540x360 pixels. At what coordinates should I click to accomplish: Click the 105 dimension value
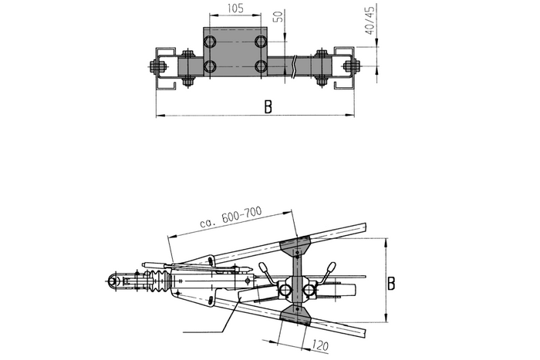[x=235, y=8]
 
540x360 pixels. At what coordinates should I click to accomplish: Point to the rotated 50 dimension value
[x=279, y=16]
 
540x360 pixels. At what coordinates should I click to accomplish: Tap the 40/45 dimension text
[x=370, y=20]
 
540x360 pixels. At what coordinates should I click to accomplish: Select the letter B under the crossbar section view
[x=268, y=106]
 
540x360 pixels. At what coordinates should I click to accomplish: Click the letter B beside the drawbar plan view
[x=391, y=283]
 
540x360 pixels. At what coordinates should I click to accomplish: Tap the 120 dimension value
[x=320, y=345]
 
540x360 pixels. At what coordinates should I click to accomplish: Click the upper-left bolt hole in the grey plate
[x=209, y=42]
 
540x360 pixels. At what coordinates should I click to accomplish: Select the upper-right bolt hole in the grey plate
[x=261, y=42]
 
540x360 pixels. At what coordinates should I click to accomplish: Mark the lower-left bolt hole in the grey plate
[x=209, y=66]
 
